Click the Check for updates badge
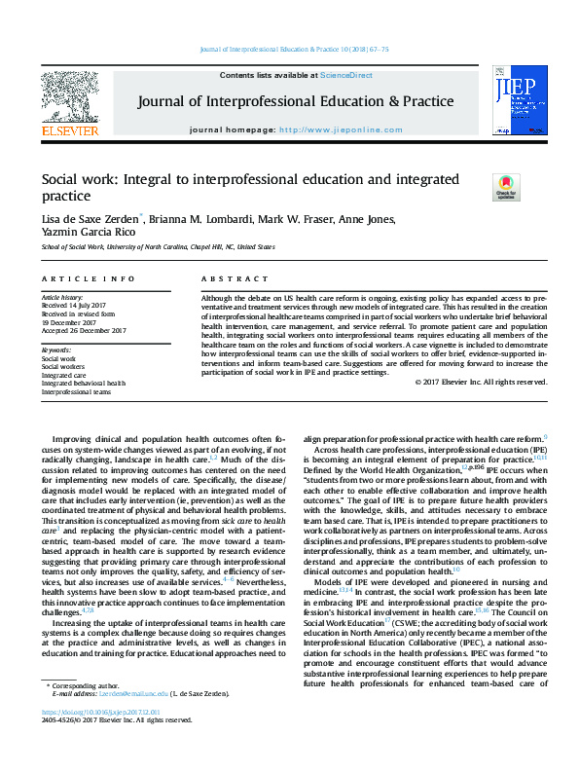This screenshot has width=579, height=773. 506,186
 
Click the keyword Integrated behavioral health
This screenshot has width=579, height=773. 83,384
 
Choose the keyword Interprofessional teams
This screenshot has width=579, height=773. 76,392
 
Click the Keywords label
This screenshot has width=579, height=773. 56,350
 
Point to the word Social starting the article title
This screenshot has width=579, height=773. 59,180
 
